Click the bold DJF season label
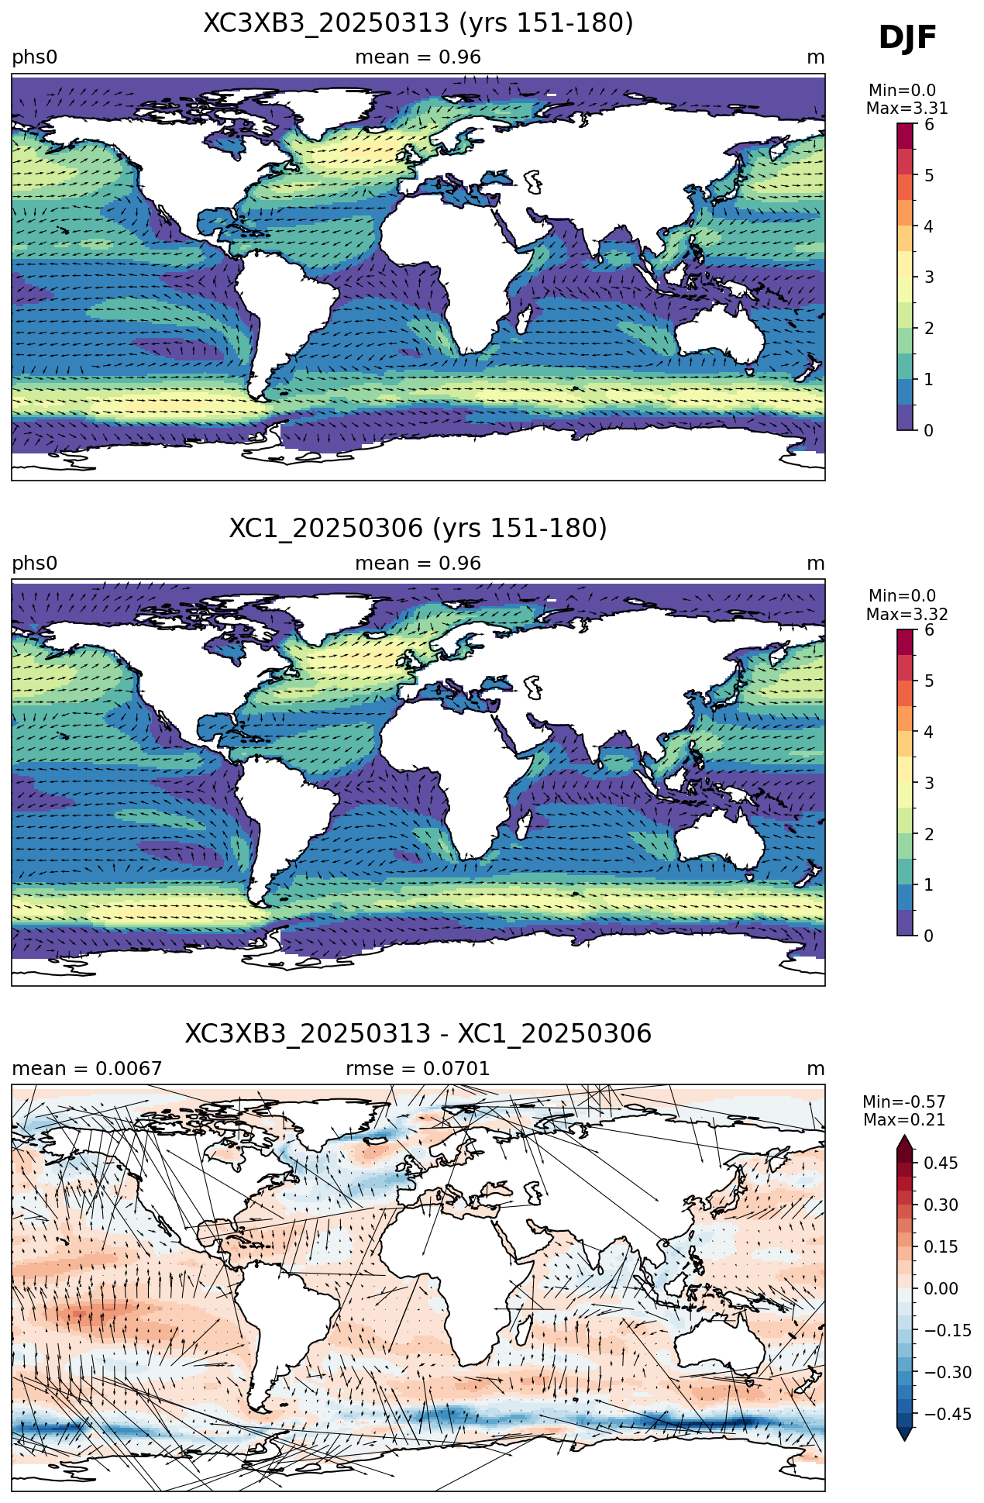(x=907, y=37)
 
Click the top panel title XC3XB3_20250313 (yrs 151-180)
(x=418, y=23)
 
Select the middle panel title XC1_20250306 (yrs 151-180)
(x=418, y=529)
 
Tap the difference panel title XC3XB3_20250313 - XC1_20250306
(x=418, y=1034)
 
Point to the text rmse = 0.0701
(x=418, y=1069)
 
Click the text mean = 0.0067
(x=87, y=1069)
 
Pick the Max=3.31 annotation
(x=907, y=109)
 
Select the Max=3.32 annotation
(x=907, y=615)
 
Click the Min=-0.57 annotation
(x=904, y=1102)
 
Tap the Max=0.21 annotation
(x=904, y=1120)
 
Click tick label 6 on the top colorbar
(x=929, y=125)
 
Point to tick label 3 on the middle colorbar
(x=929, y=783)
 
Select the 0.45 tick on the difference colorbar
(x=941, y=1163)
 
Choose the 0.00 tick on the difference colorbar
(x=941, y=1288)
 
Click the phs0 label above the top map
(x=35, y=58)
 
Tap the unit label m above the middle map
(x=816, y=564)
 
